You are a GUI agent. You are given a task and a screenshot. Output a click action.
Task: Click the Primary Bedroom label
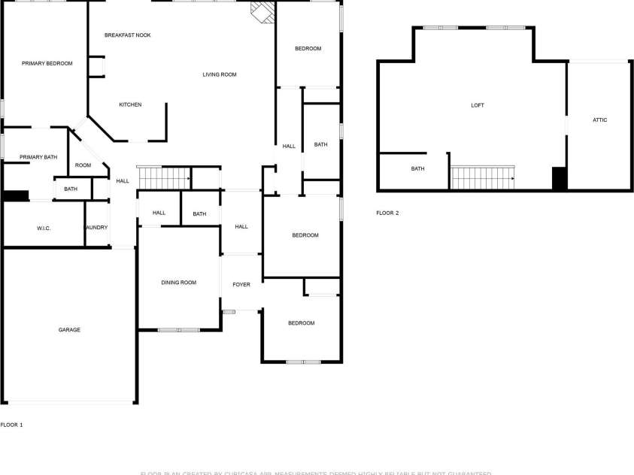point(47,64)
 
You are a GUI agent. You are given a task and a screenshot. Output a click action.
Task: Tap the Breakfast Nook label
point(127,35)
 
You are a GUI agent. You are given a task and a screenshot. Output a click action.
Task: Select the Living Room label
point(220,74)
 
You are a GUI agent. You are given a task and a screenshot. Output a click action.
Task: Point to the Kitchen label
point(130,104)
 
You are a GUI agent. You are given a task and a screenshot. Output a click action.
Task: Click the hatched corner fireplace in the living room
point(262,13)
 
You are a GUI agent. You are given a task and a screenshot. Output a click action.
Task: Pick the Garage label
point(70,330)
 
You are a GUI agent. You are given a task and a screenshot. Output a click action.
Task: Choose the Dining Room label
point(178,283)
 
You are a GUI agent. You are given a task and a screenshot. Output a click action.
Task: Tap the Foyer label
point(241,284)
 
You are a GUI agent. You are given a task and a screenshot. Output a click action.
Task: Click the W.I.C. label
point(44,228)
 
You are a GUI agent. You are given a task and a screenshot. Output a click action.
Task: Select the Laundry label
point(96,228)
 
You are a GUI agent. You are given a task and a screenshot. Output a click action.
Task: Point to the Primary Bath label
point(38,157)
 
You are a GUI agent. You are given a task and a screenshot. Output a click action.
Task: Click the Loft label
point(478,105)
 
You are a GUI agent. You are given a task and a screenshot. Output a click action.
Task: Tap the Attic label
point(599,120)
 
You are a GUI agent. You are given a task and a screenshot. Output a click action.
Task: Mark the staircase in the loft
point(481,177)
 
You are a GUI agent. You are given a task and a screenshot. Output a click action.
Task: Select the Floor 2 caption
point(387,213)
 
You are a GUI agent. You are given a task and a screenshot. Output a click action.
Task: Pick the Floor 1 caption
point(11,425)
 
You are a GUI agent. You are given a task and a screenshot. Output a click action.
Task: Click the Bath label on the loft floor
point(417,169)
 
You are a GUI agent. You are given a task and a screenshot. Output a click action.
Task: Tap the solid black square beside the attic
point(559,178)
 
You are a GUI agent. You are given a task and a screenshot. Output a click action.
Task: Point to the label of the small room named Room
point(83,165)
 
